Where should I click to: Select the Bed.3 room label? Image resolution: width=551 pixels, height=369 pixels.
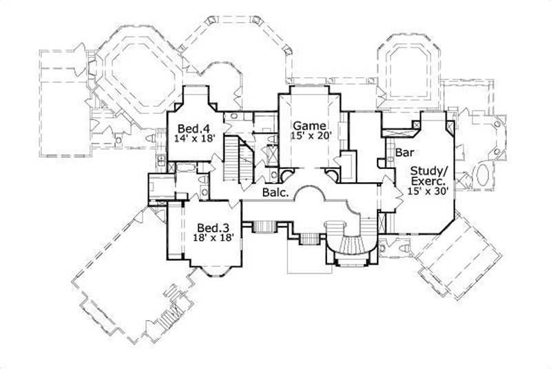(x=213, y=227)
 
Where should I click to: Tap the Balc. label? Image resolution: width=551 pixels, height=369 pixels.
(x=274, y=192)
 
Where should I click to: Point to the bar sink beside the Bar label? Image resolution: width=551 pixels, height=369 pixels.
(x=380, y=163)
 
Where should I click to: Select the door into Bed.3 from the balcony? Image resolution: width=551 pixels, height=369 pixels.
(x=234, y=205)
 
